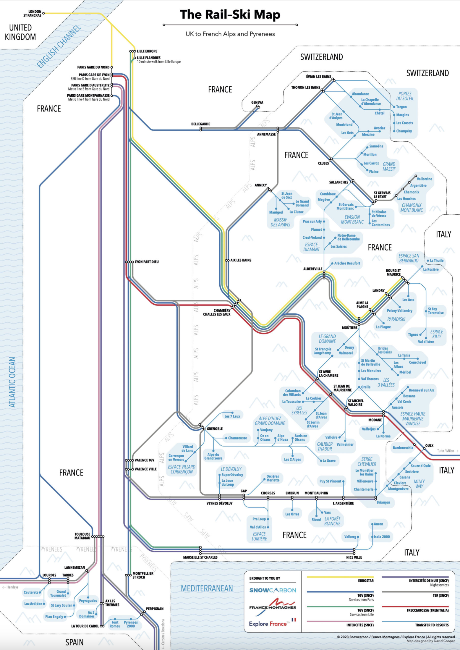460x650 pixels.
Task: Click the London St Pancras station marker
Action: tap(43, 13)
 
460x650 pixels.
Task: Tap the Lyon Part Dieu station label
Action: tap(147, 262)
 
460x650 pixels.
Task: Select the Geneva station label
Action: tap(257, 102)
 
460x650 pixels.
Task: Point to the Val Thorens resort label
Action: tap(370, 379)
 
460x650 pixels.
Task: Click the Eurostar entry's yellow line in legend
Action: tap(340, 577)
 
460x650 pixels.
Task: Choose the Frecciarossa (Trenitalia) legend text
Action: tap(427, 610)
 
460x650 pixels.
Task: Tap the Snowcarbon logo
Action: tap(273, 590)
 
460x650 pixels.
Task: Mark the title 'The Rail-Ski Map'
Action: tap(230, 14)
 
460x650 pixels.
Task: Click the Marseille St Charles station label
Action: tap(200, 557)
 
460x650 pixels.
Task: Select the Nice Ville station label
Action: tap(354, 557)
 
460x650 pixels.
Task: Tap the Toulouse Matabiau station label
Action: tap(82, 536)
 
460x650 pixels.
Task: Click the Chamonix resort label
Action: tap(412, 192)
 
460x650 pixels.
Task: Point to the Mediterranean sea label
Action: tap(207, 588)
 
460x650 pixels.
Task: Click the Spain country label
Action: tap(74, 642)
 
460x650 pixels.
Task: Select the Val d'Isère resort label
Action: tap(426, 342)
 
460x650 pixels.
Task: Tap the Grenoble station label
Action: tap(215, 429)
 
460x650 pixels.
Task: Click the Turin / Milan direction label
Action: tap(448, 451)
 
